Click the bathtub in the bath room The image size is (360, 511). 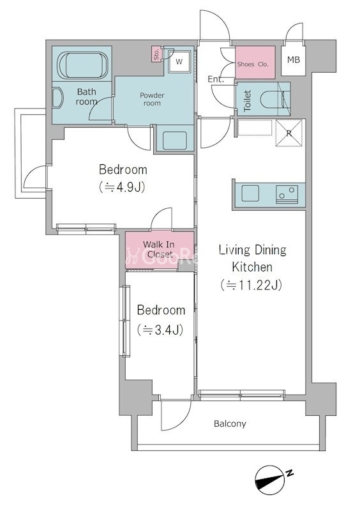click(x=83, y=65)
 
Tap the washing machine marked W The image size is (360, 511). click(x=179, y=61)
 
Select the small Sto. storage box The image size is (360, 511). click(x=156, y=54)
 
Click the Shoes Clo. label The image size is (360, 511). click(x=253, y=65)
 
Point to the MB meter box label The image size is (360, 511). click(x=294, y=59)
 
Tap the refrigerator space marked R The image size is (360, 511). click(x=289, y=133)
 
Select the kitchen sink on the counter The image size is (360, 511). click(x=250, y=194)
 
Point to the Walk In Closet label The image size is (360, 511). click(x=159, y=249)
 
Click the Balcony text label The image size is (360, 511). click(x=230, y=423)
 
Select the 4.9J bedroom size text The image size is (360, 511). click(x=122, y=187)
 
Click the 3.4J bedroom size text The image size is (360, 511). click(x=160, y=330)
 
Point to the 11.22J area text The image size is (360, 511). click(x=251, y=285)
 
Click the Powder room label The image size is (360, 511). click(x=152, y=99)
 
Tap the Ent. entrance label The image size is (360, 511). click(x=216, y=79)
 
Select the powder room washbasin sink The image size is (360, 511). click(x=175, y=140)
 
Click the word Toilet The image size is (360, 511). click(x=247, y=101)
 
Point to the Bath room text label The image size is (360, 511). click(x=87, y=96)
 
